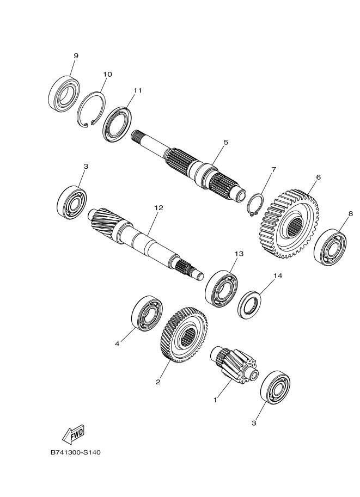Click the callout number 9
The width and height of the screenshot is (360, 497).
76,56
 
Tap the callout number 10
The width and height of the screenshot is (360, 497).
107,74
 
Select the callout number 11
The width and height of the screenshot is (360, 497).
137,90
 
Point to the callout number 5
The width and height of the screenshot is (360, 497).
226,142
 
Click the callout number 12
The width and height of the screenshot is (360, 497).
158,207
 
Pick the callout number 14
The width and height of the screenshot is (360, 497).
278,276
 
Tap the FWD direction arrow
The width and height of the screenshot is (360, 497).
74,434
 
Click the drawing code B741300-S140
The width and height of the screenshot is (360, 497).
76,452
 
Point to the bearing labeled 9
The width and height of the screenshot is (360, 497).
64,94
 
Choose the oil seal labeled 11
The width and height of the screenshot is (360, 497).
117,125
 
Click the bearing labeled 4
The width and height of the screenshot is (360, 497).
147,314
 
